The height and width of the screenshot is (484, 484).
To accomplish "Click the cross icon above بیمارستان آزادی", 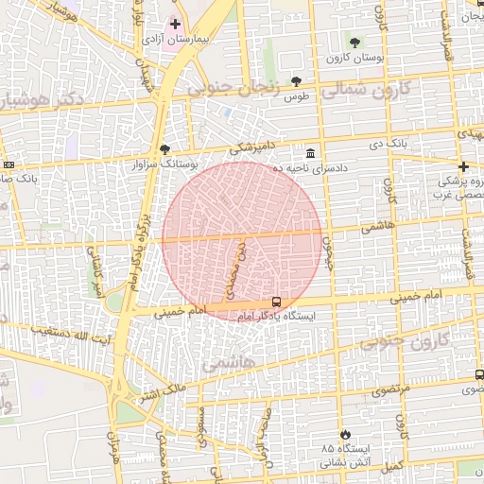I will (175, 23).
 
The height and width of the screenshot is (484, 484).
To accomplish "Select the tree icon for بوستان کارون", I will (354, 43).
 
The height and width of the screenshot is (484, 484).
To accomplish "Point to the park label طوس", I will (298, 97).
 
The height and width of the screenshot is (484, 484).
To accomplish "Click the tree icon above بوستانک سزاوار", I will (165, 149).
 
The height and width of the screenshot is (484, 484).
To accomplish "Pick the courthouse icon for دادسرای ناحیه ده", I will (310, 153).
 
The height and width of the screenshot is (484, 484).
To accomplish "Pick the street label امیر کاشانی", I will (95, 270).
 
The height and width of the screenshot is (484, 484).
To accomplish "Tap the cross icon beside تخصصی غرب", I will (462, 166).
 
